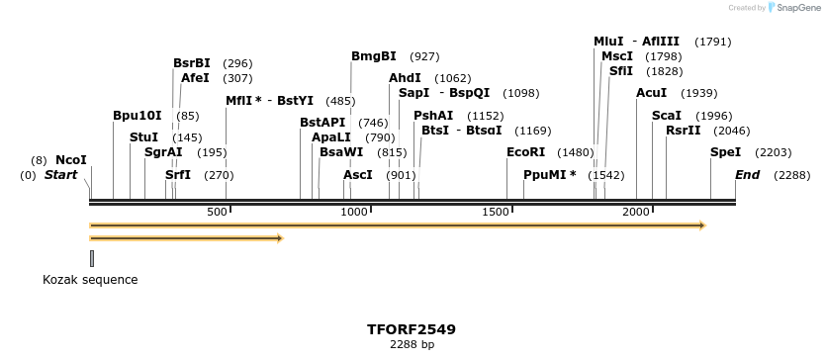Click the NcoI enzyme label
(71, 160)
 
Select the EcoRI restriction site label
(525, 152)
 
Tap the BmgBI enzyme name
(374, 56)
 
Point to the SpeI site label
(725, 152)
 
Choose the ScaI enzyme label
(666, 116)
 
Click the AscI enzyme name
(358, 175)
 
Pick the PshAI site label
(433, 116)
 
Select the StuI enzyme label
(143, 137)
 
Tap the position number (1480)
(576, 152)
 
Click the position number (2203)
(773, 152)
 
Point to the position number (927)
(424, 56)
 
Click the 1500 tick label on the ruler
(496, 213)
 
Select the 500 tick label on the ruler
(217, 213)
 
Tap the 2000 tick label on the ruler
(636, 213)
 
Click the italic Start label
(60, 175)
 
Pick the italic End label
(747, 175)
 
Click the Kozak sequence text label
(90, 280)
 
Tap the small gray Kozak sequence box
(92, 258)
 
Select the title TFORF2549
(412, 328)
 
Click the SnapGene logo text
(800, 8)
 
